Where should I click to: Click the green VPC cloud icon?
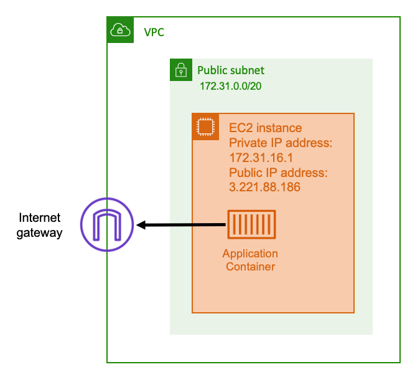click(119, 30)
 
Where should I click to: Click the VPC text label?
click(154, 32)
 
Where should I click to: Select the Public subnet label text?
click(231, 70)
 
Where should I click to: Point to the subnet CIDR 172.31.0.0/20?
click(230, 85)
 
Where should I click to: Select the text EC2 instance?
click(265, 128)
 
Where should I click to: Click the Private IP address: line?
click(281, 143)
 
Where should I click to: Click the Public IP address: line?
click(278, 173)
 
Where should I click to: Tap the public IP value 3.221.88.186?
click(265, 187)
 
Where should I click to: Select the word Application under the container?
click(250, 254)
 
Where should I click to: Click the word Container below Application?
click(250, 267)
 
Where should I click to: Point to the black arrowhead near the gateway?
click(142, 225)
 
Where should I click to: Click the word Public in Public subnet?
click(212, 70)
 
